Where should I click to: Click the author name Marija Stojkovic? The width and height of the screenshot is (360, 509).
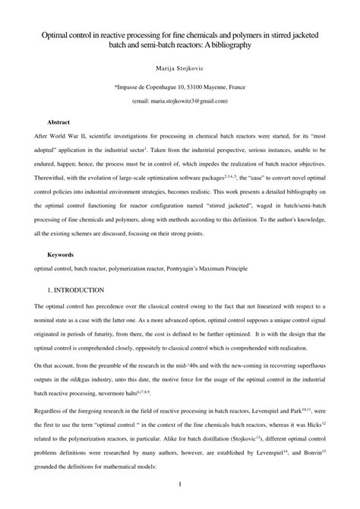(x=179, y=67)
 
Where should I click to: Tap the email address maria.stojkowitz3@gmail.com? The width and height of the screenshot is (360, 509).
(x=185, y=100)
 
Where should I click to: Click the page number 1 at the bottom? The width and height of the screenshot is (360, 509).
(x=179, y=484)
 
